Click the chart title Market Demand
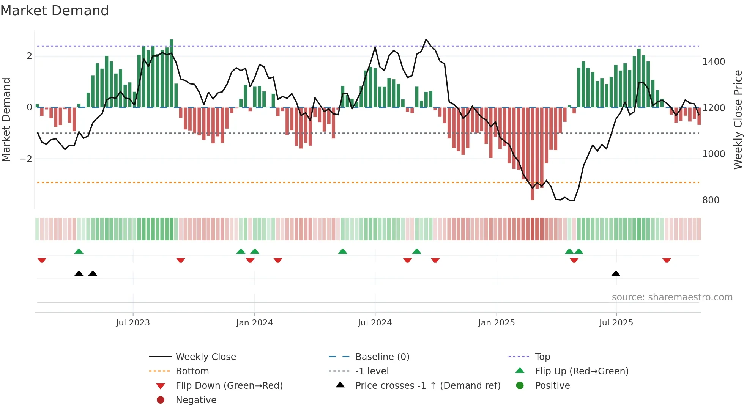tap(55, 11)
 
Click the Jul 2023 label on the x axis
tap(133, 323)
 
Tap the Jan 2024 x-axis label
tap(254, 323)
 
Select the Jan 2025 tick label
tap(496, 323)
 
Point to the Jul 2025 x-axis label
tap(616, 323)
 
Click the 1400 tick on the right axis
tap(713, 62)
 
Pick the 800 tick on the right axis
tap(711, 200)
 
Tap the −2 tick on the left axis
tap(26, 159)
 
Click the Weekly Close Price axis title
tap(738, 119)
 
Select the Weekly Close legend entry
tap(205, 357)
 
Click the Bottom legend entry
tap(192, 371)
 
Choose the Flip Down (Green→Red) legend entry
tap(229, 386)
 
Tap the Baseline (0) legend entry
tap(382, 357)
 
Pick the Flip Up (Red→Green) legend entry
tap(582, 371)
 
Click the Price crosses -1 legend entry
tap(427, 386)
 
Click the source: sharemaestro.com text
tap(672, 297)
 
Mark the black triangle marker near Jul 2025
tap(616, 273)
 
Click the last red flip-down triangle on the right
tap(667, 260)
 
